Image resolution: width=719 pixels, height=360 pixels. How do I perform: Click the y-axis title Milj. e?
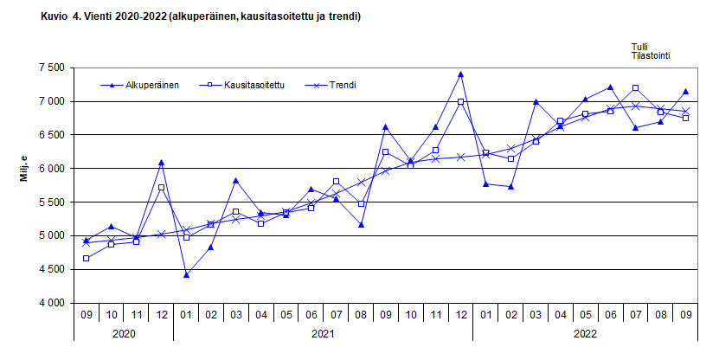point(23,169)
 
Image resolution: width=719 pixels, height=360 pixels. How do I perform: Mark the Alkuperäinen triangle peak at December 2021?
point(460,74)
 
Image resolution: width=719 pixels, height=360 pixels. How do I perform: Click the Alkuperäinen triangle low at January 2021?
point(186,275)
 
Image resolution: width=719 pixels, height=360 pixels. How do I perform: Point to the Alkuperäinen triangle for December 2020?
point(161,163)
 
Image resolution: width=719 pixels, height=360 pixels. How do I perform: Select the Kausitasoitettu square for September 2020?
point(86,259)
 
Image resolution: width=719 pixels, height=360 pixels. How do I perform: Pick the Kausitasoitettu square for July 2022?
point(636,88)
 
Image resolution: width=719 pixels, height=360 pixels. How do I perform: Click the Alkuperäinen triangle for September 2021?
point(386,127)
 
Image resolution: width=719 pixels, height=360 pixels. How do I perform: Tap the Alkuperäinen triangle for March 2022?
point(536,102)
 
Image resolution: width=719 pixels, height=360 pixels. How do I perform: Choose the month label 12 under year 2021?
point(460,315)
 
